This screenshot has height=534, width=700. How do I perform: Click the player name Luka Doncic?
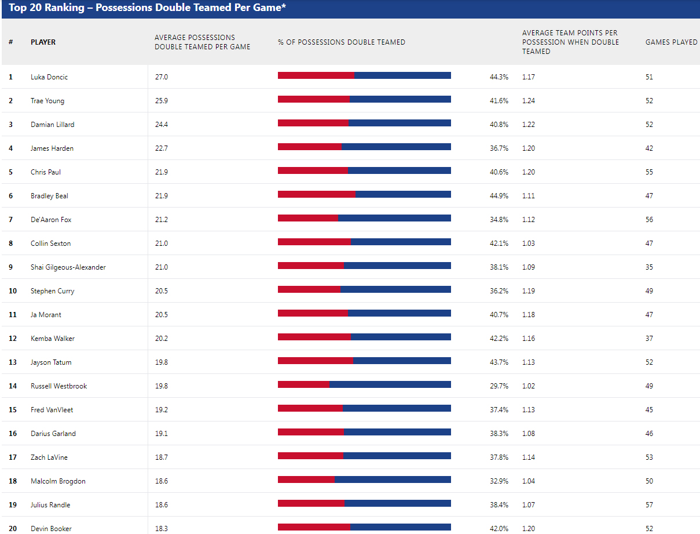click(x=49, y=77)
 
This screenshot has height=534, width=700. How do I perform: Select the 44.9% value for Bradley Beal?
click(x=499, y=196)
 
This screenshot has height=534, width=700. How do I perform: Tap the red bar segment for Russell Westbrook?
click(x=303, y=384)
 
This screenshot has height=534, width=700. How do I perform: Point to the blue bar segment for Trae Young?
click(x=400, y=99)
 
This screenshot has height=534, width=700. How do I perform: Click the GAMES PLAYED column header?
click(x=671, y=42)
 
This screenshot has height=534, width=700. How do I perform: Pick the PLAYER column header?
click(x=43, y=42)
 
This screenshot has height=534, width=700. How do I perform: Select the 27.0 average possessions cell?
click(x=161, y=77)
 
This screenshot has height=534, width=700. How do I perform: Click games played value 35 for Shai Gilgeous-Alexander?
click(x=649, y=267)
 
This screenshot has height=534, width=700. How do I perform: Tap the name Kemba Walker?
click(x=53, y=339)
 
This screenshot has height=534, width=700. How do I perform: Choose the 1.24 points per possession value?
click(x=529, y=101)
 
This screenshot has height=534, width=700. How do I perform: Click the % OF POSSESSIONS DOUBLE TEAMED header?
click(x=341, y=42)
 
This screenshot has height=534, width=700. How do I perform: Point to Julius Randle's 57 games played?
click(x=649, y=505)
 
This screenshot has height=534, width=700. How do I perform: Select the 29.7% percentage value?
click(x=499, y=386)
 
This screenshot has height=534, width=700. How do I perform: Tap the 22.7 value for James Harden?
click(x=161, y=148)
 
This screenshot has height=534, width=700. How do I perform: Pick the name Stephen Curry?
click(x=53, y=291)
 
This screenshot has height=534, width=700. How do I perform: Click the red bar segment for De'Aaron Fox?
click(x=307, y=218)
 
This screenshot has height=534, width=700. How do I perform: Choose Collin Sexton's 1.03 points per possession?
click(x=529, y=244)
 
